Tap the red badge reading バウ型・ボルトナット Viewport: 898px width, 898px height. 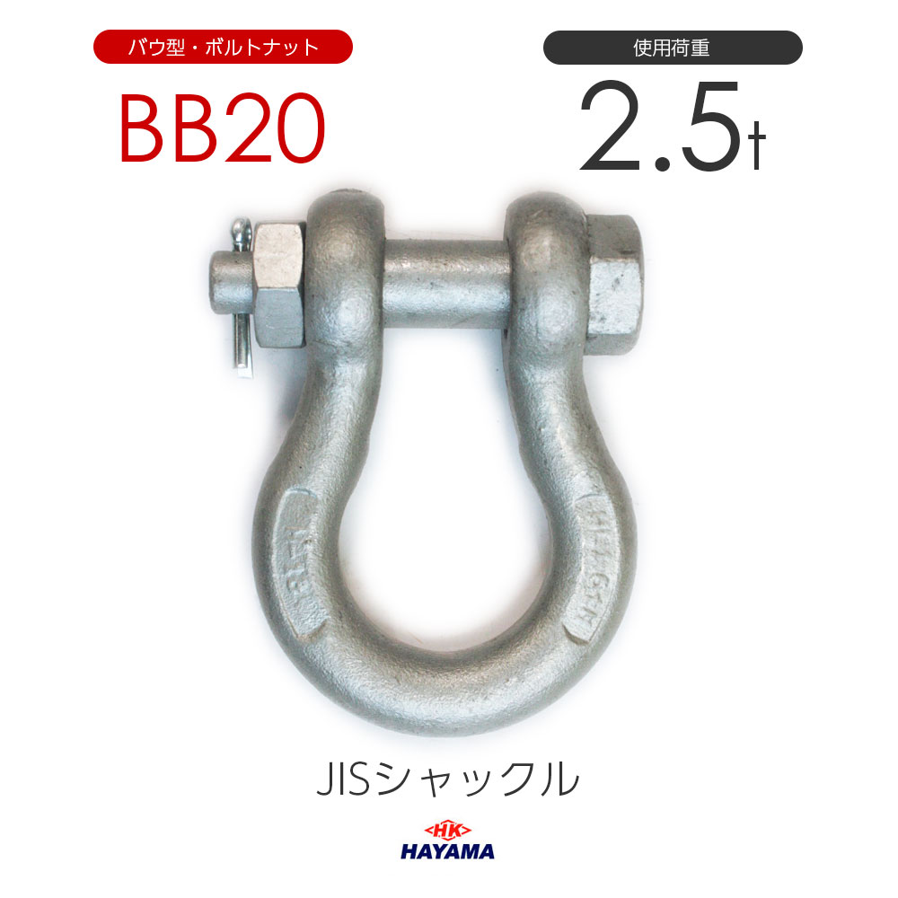(x=223, y=47)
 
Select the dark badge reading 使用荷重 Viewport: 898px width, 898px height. (x=673, y=47)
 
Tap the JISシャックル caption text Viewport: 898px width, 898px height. (x=447, y=779)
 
